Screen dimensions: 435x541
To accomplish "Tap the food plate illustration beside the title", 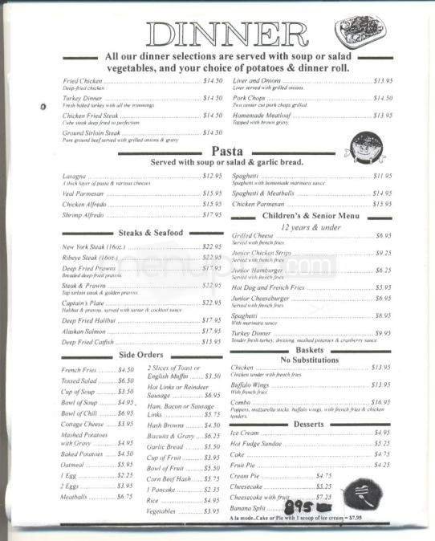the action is click(x=360, y=31).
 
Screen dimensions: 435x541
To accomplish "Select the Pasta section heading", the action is click(x=228, y=151).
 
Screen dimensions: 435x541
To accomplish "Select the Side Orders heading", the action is click(x=141, y=354).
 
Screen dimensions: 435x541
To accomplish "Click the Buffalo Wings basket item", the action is click(x=252, y=384).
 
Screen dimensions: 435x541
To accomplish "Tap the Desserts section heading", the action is click(x=309, y=423).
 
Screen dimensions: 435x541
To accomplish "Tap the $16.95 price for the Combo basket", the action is click(x=380, y=401).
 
